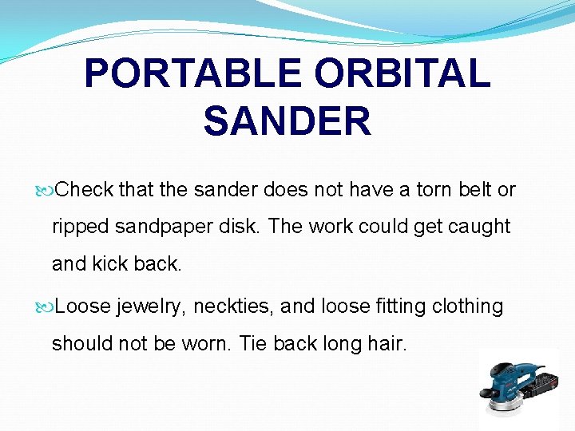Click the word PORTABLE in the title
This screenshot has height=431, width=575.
point(192,73)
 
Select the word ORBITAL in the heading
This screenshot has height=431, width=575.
point(402,73)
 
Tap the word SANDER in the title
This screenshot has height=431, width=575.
point(287,121)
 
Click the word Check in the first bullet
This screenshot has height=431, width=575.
point(85,190)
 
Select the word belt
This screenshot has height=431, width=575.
point(475,190)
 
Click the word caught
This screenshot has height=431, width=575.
point(480,227)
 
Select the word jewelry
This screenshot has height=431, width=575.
point(149,306)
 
